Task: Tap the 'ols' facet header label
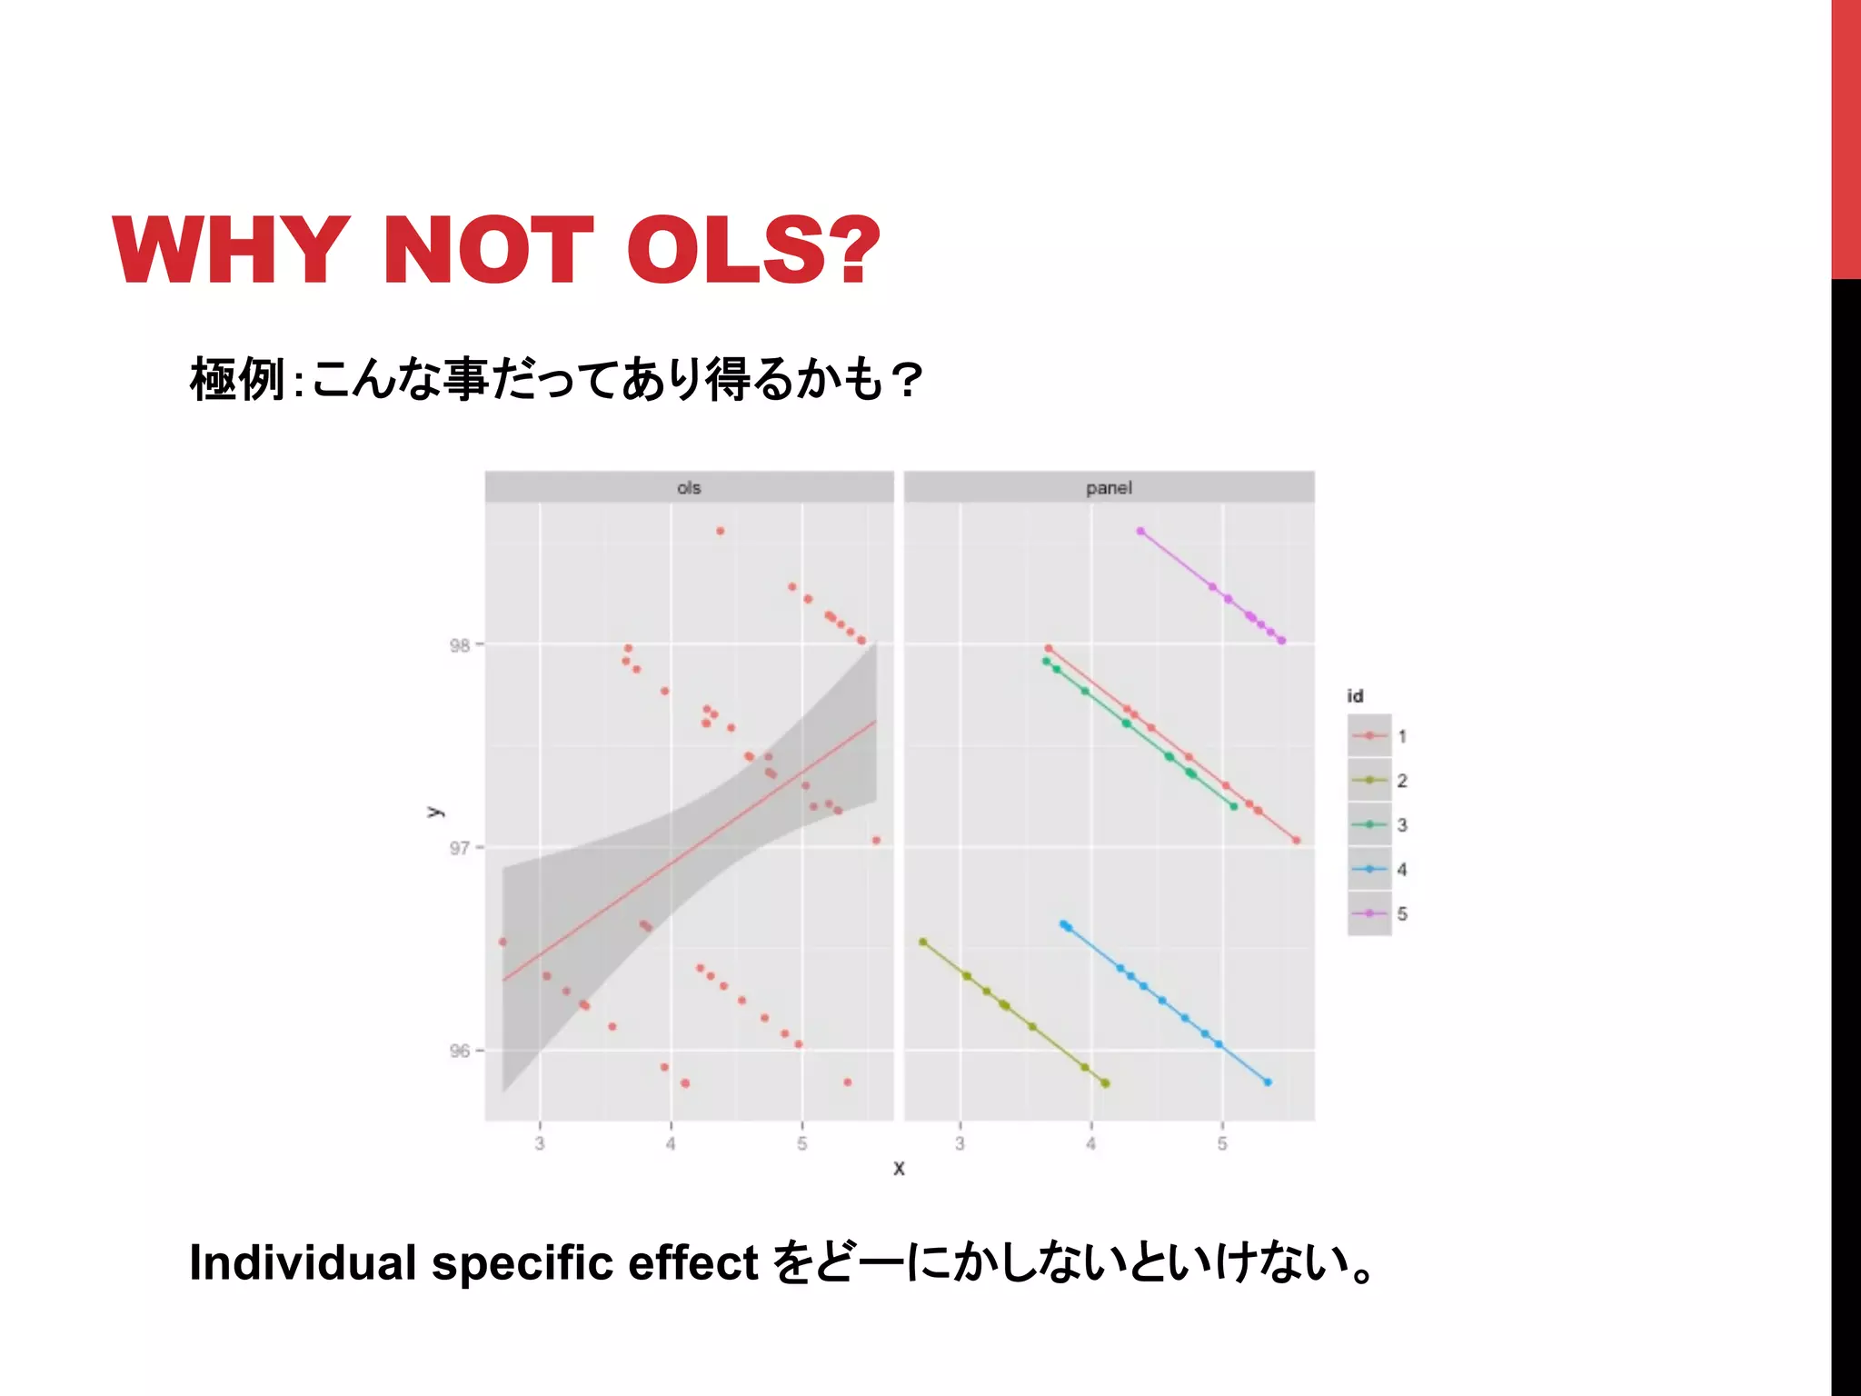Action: (x=689, y=488)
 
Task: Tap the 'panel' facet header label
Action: (x=1109, y=488)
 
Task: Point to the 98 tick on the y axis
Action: (x=460, y=645)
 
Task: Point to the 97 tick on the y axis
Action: (x=460, y=848)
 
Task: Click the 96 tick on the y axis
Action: (x=460, y=1051)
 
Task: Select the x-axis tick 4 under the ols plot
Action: (x=671, y=1143)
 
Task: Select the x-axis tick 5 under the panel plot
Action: (x=1222, y=1143)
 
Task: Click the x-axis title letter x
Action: (x=899, y=1169)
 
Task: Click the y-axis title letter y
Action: (x=435, y=812)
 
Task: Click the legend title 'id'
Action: (x=1355, y=696)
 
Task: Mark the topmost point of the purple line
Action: (x=1140, y=531)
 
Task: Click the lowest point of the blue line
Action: (x=1268, y=1082)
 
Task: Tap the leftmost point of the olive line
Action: (x=923, y=942)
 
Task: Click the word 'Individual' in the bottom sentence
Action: (x=303, y=1262)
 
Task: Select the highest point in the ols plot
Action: (x=720, y=531)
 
